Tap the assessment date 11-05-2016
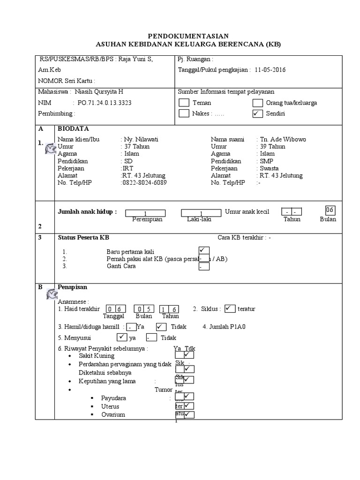[x=270, y=70]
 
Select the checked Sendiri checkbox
[x=257, y=113]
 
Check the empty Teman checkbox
[x=184, y=103]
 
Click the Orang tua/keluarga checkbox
[x=257, y=103]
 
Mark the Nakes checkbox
[x=184, y=113]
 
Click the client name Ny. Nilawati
[x=141, y=139]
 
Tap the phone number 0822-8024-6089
[x=144, y=183]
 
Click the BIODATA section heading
[x=73, y=128]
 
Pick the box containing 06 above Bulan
[x=330, y=210]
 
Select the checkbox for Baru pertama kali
[x=204, y=250]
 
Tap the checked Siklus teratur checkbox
[x=230, y=308]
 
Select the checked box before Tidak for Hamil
[x=161, y=326]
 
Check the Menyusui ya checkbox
[x=121, y=337]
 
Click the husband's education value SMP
[x=267, y=161]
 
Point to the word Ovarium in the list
[x=113, y=415]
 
